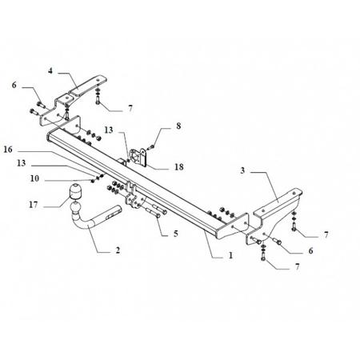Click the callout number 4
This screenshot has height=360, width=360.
50,71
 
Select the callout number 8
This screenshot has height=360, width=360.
178,126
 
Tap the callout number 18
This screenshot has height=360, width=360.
179,167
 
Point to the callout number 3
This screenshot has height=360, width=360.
242,170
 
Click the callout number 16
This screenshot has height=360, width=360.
8,150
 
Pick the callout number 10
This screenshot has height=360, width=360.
34,178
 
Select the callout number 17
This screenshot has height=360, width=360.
34,205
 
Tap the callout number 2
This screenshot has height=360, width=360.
118,250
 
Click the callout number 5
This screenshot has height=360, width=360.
176,234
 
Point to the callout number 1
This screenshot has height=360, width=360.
230,255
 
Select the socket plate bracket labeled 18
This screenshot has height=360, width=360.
138,157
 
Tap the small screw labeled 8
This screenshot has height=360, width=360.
152,146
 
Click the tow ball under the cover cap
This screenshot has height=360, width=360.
75,207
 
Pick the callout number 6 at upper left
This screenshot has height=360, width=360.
14,85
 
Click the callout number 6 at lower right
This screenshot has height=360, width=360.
310,250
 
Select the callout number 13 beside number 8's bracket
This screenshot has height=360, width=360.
109,130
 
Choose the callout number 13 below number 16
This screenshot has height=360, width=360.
22,163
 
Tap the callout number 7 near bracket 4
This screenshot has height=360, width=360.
130,109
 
